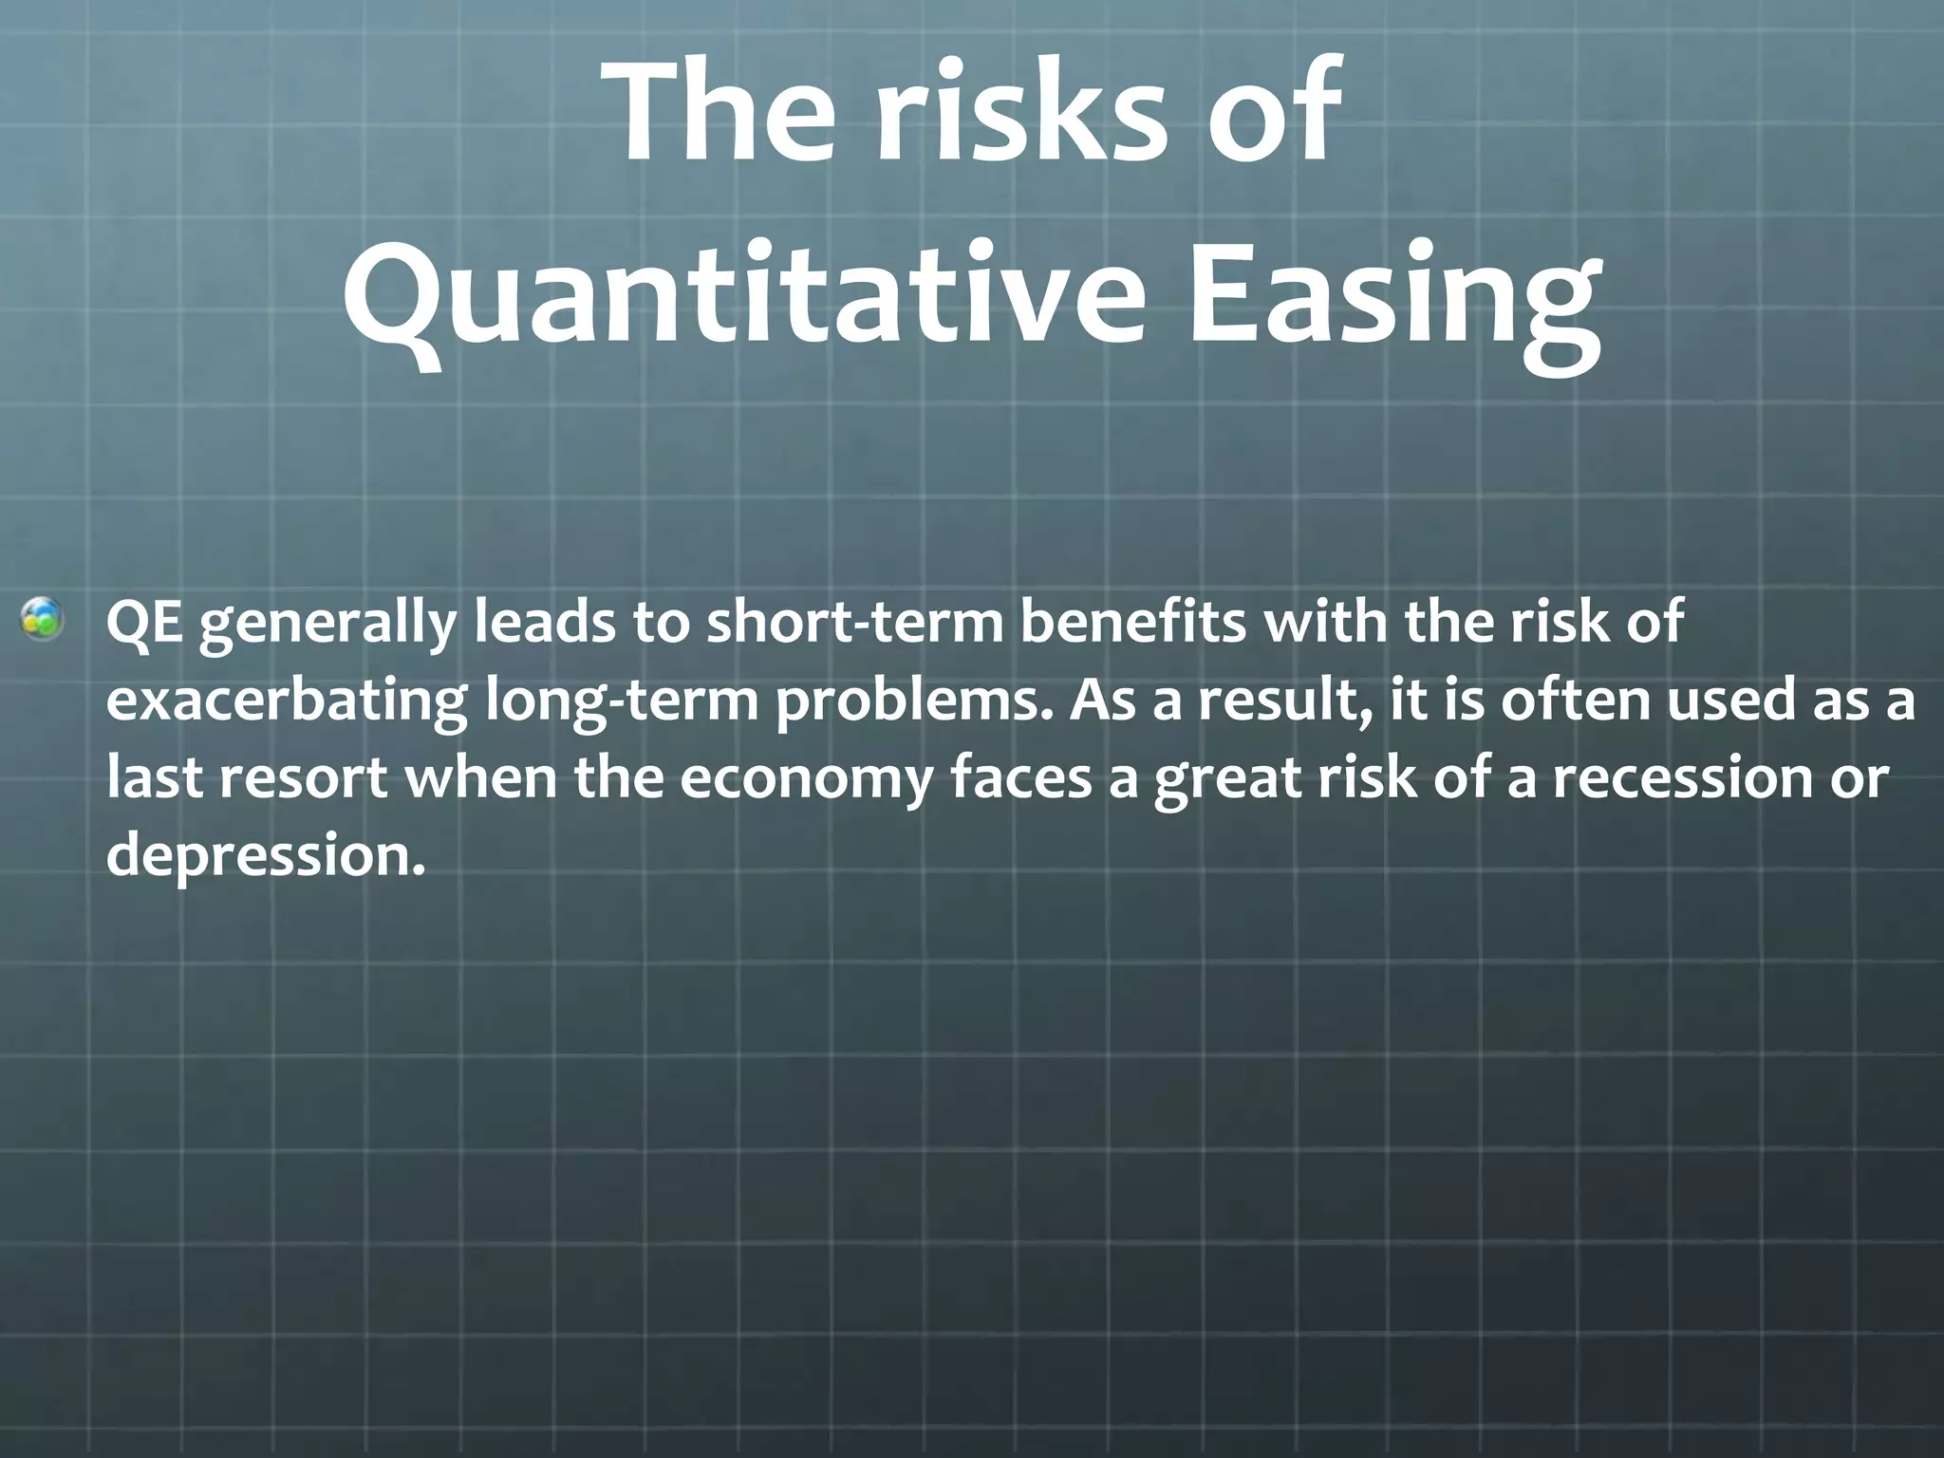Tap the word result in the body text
1282,702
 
